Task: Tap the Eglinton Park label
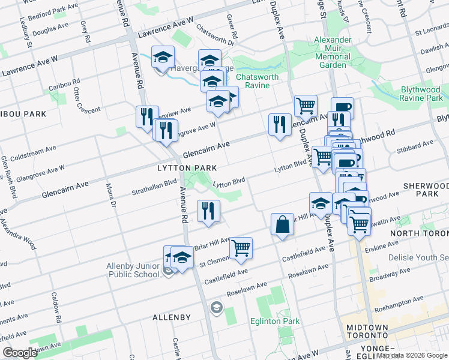click(x=274, y=321)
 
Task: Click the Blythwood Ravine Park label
click(x=421, y=94)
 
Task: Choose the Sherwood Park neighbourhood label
click(x=426, y=190)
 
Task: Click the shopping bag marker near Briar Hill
click(x=282, y=225)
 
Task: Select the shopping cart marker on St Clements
click(x=241, y=247)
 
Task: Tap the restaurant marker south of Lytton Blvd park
click(x=208, y=211)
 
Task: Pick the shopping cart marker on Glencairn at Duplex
click(x=306, y=106)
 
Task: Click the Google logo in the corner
click(x=20, y=353)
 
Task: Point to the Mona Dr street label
click(x=111, y=195)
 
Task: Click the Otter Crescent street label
click(x=79, y=99)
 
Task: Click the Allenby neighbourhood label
click(x=171, y=317)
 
